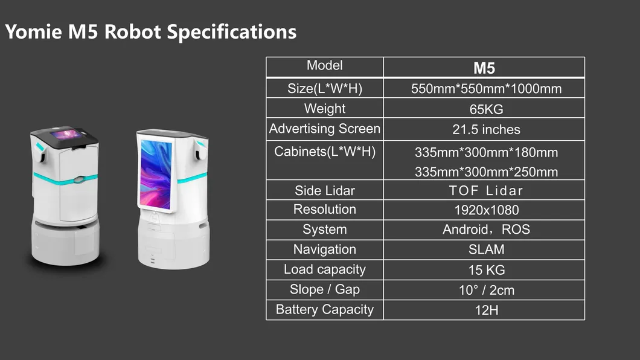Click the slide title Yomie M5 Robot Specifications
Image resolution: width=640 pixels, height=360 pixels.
(151, 31)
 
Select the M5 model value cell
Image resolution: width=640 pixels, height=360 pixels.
(484, 68)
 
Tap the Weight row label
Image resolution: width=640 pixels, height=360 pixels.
(325, 109)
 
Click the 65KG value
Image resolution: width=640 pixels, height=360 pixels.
(485, 109)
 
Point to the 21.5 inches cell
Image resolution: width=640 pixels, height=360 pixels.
(485, 129)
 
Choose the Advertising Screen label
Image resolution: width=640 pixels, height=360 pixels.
(325, 129)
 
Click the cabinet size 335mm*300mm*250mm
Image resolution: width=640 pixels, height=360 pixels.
(485, 172)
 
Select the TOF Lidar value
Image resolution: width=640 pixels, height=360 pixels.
(485, 191)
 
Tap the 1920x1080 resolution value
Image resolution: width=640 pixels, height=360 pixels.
(485, 210)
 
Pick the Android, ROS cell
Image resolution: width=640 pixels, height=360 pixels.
(485, 230)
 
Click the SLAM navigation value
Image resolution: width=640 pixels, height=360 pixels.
(485, 249)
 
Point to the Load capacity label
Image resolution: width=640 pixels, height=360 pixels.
(325, 269)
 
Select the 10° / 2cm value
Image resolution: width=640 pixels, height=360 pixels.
(485, 290)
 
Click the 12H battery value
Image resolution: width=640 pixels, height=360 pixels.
(485, 310)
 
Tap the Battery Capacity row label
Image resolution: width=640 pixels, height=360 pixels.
(325, 309)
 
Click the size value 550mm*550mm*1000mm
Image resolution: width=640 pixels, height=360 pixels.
(485, 89)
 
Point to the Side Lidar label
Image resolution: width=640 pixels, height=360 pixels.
(325, 190)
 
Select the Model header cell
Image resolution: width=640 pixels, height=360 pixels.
(325, 65)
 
